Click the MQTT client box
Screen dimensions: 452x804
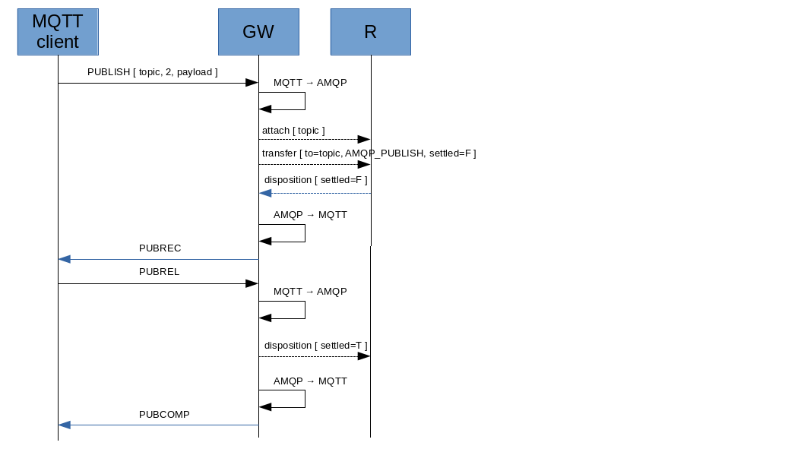pos(58,32)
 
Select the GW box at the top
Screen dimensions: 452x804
pos(258,32)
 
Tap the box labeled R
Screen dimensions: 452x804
pos(370,32)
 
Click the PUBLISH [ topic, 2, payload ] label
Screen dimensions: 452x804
pos(153,72)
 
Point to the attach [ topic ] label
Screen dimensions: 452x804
pos(293,131)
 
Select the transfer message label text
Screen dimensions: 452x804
pos(369,153)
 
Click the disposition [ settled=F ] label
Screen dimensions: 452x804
pos(315,180)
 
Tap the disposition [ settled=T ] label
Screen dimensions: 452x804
pos(315,346)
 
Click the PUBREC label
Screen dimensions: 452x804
pos(160,248)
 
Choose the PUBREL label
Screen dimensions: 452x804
pos(159,272)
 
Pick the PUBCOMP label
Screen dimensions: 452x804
pos(164,415)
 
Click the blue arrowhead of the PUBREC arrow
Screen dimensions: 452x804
pos(65,259)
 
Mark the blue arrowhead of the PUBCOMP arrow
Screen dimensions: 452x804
pos(65,425)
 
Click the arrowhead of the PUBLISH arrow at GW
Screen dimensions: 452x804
pos(252,83)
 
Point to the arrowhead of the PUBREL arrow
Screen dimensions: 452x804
pos(252,283)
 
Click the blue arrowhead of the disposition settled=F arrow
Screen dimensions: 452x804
pos(265,193)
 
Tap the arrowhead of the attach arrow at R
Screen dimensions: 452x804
pos(364,140)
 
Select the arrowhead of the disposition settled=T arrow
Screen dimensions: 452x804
pos(364,356)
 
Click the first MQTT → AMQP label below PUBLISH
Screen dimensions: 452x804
pos(310,83)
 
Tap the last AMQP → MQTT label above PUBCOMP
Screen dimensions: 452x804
pos(310,381)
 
